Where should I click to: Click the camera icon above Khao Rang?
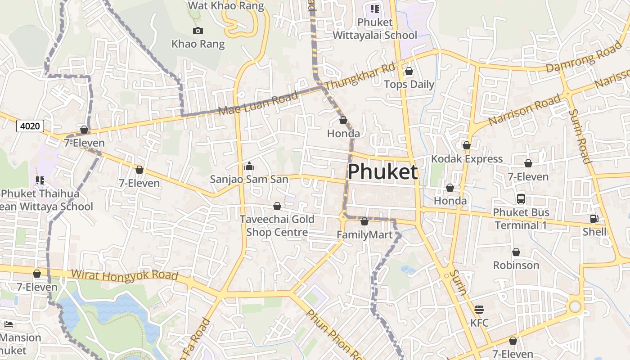coord(198,31)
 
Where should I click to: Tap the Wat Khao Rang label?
coord(226,6)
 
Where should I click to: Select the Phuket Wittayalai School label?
coord(375,28)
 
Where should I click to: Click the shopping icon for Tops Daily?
coord(409,71)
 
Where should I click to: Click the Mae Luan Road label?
coord(258,103)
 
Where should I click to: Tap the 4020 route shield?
coord(30,126)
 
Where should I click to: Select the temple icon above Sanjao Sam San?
coord(249,166)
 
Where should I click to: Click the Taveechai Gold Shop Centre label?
coord(277,226)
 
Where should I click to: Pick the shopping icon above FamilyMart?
coord(364,221)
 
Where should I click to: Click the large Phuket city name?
coord(383,172)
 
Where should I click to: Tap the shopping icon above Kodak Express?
coord(467,145)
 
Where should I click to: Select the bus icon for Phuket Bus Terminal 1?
coord(521,198)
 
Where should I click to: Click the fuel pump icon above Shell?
coord(594,219)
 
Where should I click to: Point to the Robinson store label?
coord(516,265)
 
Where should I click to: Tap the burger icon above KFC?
coord(479,310)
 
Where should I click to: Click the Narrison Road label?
coord(525,110)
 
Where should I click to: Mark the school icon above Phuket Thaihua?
coord(40,180)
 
